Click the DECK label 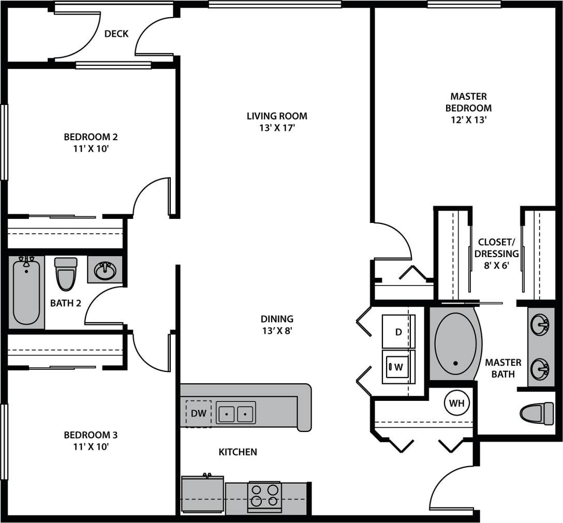point(116,34)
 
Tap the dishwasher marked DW point(198,413)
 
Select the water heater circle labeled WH point(456,404)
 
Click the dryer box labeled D point(398,332)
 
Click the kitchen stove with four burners point(264,496)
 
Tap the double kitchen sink point(235,413)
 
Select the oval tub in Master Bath point(455,343)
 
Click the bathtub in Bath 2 point(26,292)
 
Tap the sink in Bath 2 point(106,270)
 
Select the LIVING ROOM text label point(277,116)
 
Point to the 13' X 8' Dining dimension point(277,331)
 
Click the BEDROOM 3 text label point(91,435)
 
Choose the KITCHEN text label point(238,452)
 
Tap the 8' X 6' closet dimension point(496,265)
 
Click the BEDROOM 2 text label point(91,137)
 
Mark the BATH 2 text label point(66,303)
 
